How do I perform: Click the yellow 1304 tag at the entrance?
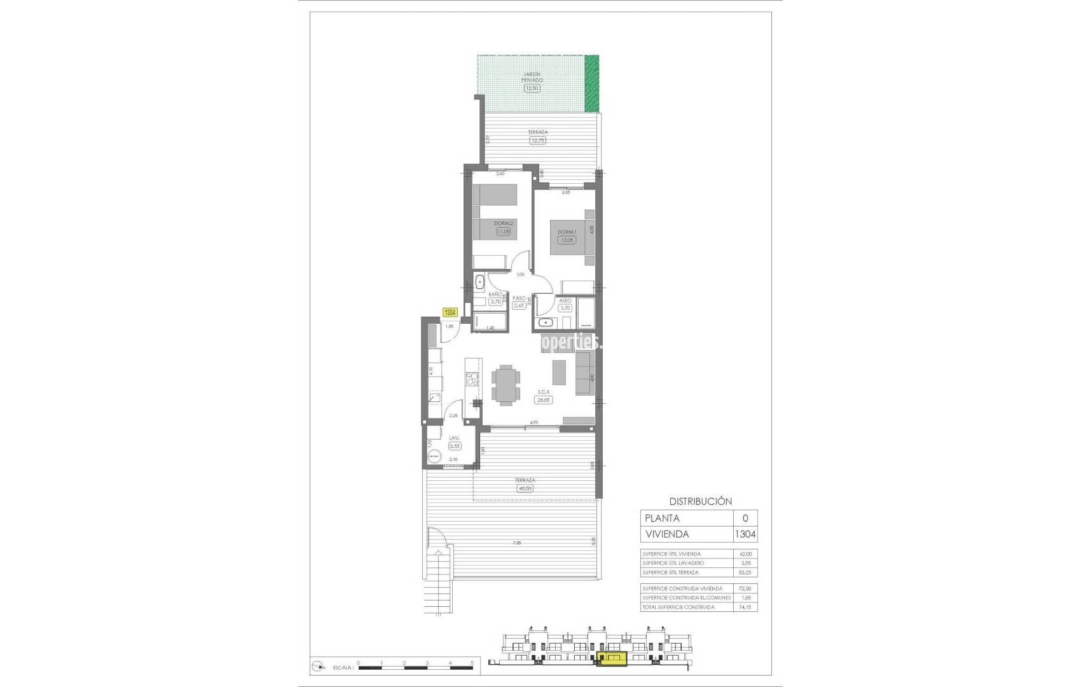[450, 312]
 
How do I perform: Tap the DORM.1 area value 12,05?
[566, 240]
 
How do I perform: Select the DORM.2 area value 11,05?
[503, 232]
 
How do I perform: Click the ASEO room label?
[565, 300]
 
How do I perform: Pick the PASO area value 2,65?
[520, 305]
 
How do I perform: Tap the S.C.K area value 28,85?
[544, 400]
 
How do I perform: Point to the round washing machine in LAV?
[434, 456]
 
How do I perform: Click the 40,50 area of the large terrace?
[525, 489]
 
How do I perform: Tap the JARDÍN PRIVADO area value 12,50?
[532, 88]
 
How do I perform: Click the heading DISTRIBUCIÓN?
[701, 501]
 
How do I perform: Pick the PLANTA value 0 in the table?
[745, 518]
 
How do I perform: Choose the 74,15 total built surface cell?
[745, 607]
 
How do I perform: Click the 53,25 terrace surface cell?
[745, 572]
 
